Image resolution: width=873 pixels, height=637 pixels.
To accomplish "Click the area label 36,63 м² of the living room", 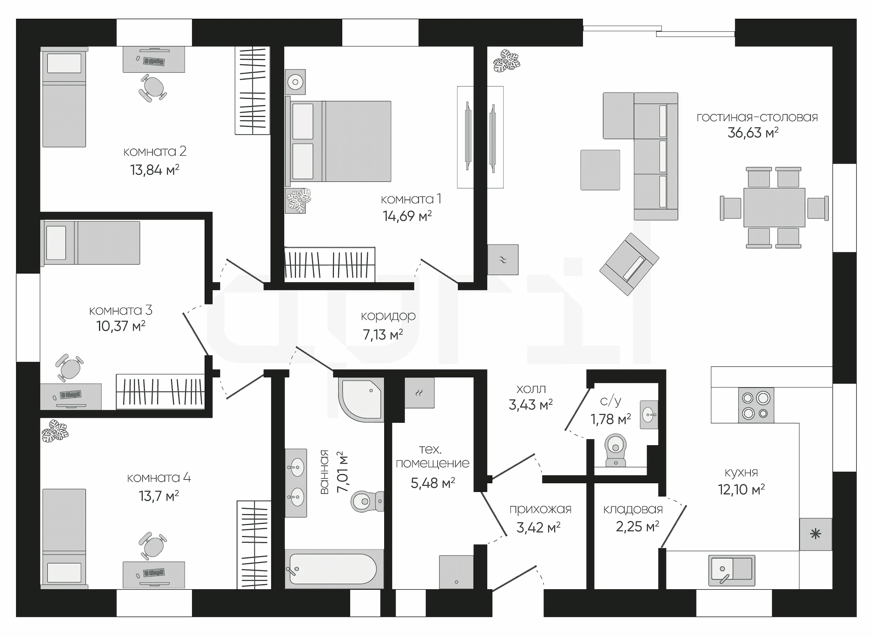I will [x=753, y=133].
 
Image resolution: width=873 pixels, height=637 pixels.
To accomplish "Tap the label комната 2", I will [x=155, y=151].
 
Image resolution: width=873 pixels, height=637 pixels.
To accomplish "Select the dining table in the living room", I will [x=774, y=207].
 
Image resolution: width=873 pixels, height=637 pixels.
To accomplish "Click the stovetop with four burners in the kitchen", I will [x=756, y=405].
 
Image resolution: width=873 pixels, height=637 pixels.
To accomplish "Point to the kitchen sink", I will [x=731, y=570].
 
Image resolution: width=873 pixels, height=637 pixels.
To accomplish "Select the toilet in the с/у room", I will [x=616, y=449].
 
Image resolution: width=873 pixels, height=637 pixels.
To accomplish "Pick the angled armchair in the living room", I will [x=629, y=264].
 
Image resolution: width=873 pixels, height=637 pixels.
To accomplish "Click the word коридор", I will [x=388, y=316].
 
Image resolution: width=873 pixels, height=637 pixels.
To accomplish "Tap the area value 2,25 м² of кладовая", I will [x=637, y=527].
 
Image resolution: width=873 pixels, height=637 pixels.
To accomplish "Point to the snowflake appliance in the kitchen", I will [x=815, y=534].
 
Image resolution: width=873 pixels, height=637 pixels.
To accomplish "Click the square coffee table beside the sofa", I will [x=600, y=170].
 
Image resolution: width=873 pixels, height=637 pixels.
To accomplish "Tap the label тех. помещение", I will [x=432, y=456].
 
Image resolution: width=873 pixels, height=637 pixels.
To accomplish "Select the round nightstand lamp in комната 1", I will [x=296, y=82].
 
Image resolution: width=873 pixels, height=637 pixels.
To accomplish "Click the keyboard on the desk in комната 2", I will [x=154, y=61].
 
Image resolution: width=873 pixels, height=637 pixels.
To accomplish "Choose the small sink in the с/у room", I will [x=649, y=414].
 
